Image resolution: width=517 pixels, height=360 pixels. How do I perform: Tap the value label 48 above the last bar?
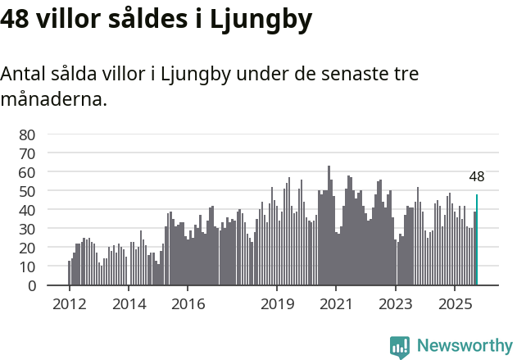pyautogui.click(x=477, y=176)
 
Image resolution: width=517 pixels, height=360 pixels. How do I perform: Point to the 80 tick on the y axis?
pyautogui.click(x=27, y=134)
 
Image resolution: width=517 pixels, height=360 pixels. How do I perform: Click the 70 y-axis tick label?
pyautogui.click(x=27, y=153)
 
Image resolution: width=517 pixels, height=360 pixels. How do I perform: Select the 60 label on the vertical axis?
pyautogui.click(x=27, y=172)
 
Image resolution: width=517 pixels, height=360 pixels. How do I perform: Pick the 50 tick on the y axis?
pyautogui.click(x=27, y=191)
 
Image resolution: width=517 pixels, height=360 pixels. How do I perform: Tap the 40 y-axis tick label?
pyautogui.click(x=27, y=210)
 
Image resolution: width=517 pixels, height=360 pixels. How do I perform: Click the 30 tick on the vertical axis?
pyautogui.click(x=27, y=229)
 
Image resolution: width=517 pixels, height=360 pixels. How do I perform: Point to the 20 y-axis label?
pyautogui.click(x=27, y=248)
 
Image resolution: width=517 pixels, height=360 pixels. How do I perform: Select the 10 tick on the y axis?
pyautogui.click(x=27, y=267)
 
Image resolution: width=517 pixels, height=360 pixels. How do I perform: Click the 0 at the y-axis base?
pyautogui.click(x=32, y=285)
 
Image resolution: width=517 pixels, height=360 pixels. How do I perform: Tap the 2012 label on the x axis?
pyautogui.click(x=70, y=304)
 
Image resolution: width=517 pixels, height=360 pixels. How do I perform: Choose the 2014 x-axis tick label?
pyautogui.click(x=129, y=304)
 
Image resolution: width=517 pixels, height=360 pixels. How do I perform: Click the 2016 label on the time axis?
pyautogui.click(x=188, y=304)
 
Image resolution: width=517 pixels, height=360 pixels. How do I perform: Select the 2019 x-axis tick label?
pyautogui.click(x=277, y=304)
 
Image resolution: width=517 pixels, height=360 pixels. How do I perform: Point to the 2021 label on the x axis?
pyautogui.click(x=336, y=304)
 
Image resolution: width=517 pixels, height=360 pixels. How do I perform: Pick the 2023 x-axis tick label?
pyautogui.click(x=396, y=304)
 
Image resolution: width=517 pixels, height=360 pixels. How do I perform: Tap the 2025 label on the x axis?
pyautogui.click(x=455, y=304)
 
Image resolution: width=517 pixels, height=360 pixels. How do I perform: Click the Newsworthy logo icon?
pyautogui.click(x=400, y=347)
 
